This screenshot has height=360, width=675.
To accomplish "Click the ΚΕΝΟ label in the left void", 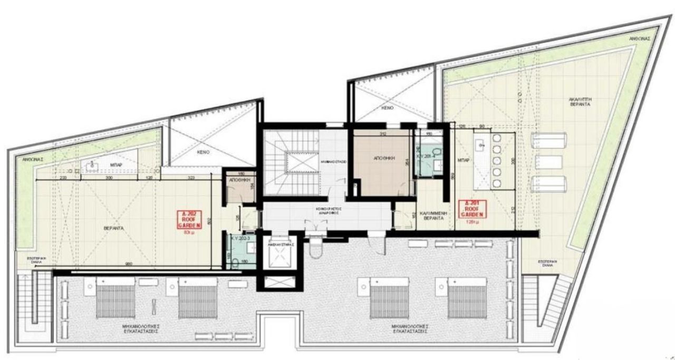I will (x=205, y=151).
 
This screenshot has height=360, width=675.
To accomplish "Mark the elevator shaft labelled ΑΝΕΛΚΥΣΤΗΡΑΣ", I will (x=279, y=256).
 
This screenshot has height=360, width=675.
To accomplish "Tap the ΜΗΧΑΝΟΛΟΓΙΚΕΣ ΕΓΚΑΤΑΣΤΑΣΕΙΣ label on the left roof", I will (x=139, y=329).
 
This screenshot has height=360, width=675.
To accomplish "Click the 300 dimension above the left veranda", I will (x=110, y=179).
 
